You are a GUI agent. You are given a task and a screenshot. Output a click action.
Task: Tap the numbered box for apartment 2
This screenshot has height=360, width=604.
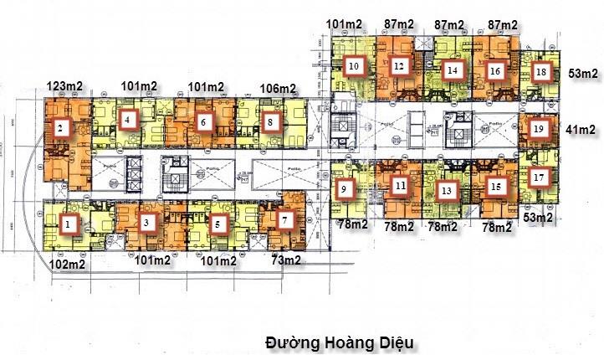coord(60,128)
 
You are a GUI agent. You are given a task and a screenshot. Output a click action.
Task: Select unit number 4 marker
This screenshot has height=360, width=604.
coord(127,121)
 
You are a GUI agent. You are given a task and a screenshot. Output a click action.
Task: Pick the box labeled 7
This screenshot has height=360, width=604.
coord(285,220)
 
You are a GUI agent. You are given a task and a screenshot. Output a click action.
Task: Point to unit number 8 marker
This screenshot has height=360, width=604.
coord(269,122)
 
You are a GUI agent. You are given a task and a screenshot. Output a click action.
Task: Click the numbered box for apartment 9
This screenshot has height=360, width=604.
coord(344,191)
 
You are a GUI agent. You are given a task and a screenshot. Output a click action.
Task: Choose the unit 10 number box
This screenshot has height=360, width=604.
coord(354,65)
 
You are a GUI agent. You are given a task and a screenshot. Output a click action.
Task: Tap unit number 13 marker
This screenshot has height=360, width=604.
coord(447,191)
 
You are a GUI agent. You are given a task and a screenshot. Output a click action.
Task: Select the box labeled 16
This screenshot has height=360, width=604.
coord(494,71)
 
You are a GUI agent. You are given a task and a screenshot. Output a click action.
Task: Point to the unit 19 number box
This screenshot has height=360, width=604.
coord(539,129)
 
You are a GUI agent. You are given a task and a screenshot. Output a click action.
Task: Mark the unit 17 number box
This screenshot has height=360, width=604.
coord(539,177)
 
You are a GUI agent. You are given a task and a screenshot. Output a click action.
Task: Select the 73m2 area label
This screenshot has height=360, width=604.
coord(287,260)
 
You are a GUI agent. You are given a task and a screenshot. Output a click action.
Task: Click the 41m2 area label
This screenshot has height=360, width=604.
coord(580,129)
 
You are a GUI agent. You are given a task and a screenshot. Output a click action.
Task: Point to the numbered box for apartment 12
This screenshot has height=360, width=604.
coord(399,65)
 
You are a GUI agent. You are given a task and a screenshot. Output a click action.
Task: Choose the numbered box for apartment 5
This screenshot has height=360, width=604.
coord(218,224)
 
